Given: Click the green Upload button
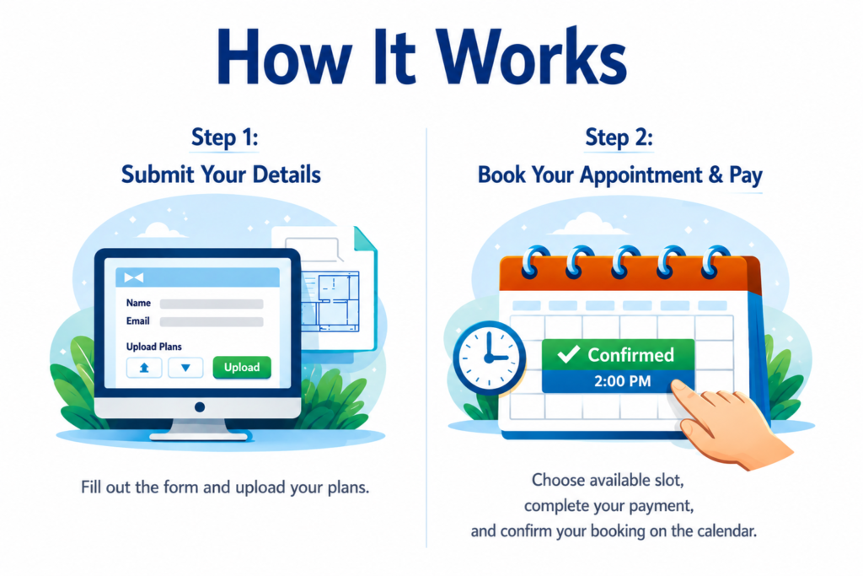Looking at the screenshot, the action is pyautogui.click(x=242, y=368).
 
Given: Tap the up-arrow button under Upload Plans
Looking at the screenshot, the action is pyautogui.click(x=144, y=368).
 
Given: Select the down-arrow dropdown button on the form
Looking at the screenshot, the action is pyautogui.click(x=185, y=368).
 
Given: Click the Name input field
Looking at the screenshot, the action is pyautogui.click(x=212, y=304).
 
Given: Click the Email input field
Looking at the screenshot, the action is pyautogui.click(x=212, y=321).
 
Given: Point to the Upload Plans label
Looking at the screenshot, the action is pyautogui.click(x=153, y=347).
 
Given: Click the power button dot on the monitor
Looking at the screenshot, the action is pyautogui.click(x=200, y=407).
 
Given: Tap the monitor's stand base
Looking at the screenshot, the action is pyautogui.click(x=199, y=436).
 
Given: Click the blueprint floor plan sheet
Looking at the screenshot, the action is pyautogui.click(x=330, y=301).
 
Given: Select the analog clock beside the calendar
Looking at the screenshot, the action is pyautogui.click(x=489, y=358).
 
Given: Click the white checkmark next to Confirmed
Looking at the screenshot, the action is pyautogui.click(x=568, y=354).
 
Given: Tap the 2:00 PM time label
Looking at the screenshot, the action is pyautogui.click(x=623, y=381).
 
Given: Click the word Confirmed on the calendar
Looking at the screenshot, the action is pyautogui.click(x=630, y=355).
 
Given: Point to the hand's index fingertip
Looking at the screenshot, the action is pyautogui.click(x=675, y=386).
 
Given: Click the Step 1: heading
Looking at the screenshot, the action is pyautogui.click(x=224, y=137).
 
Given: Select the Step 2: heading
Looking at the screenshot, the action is pyautogui.click(x=619, y=137).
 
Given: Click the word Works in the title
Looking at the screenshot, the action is pyautogui.click(x=533, y=57).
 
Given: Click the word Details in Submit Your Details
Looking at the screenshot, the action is pyautogui.click(x=287, y=175).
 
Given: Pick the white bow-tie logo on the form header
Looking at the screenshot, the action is pyautogui.click(x=134, y=277).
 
